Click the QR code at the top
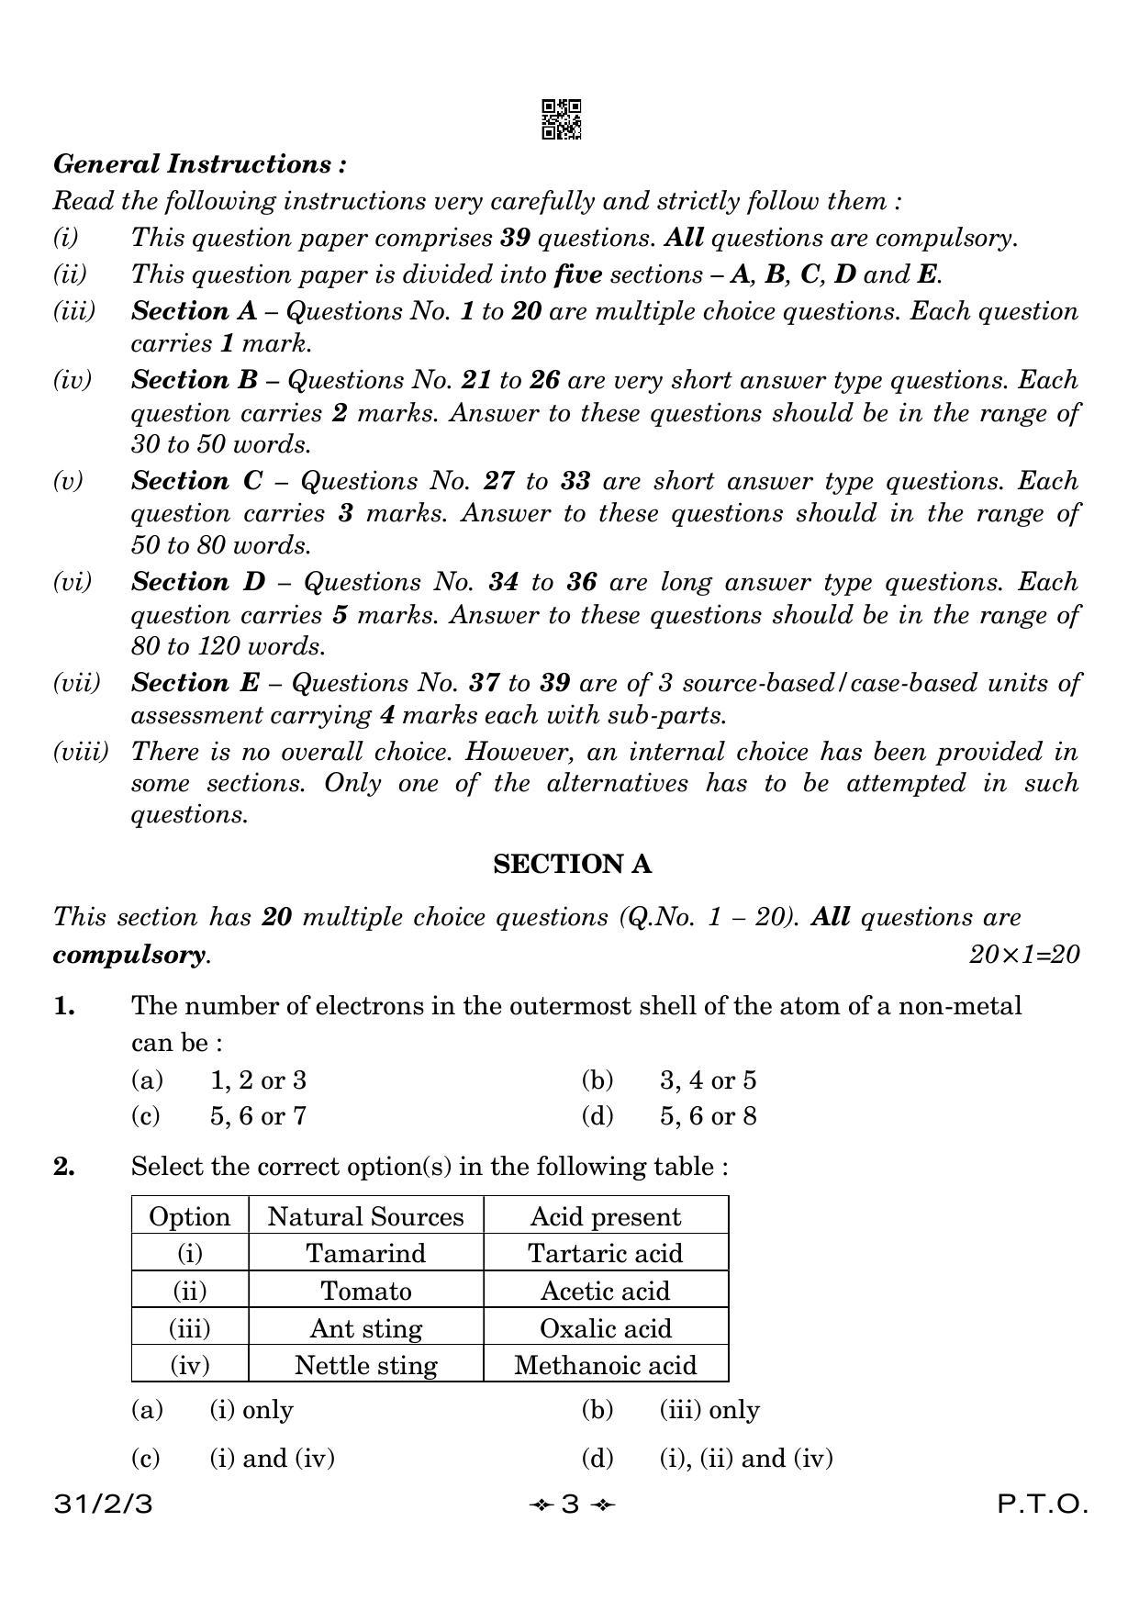561,119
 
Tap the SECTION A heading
572,864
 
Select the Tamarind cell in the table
365,1253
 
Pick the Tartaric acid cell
605,1253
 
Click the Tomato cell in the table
365,1291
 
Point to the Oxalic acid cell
605,1328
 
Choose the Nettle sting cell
365,1365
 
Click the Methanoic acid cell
605,1365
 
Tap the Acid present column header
605,1216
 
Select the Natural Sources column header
365,1216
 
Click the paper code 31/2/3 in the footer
104,1505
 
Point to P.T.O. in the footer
1043,1505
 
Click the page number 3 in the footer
570,1505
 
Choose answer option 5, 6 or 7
258,1116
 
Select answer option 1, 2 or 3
258,1080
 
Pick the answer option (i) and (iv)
272,1458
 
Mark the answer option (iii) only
709,1410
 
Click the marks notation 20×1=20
1024,955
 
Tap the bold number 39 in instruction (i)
516,238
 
